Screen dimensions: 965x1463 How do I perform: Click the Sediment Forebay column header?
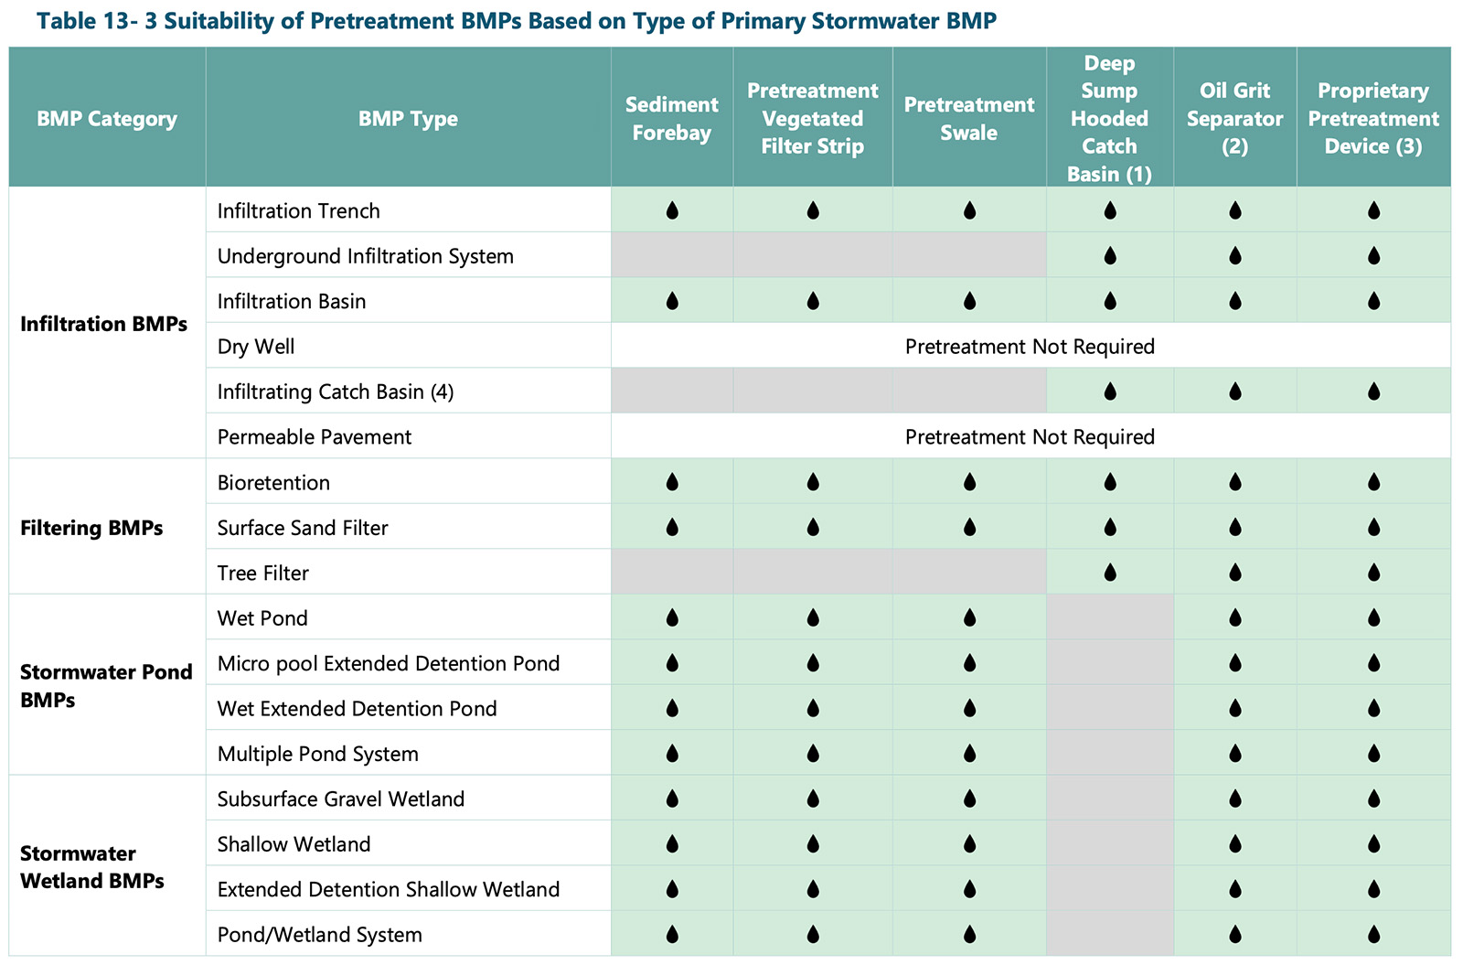click(671, 119)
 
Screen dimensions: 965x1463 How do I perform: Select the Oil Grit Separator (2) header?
click(1234, 118)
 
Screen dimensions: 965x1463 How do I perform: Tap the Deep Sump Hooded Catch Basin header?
click(1109, 118)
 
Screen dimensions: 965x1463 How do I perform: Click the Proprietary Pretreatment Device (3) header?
click(1372, 118)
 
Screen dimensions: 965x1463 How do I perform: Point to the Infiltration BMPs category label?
click(103, 324)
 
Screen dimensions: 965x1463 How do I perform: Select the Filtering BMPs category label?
click(91, 528)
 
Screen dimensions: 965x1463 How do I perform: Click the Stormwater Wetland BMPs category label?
click(91, 867)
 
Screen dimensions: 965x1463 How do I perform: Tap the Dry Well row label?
click(256, 347)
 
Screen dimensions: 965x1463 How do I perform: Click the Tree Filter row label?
click(263, 574)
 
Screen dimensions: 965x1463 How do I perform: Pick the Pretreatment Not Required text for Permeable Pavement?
click(1030, 437)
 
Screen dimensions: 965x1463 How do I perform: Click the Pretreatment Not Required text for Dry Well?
click(1030, 347)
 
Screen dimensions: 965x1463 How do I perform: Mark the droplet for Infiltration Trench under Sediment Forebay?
click(672, 211)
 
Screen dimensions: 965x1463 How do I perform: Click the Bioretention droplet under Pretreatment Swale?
click(969, 482)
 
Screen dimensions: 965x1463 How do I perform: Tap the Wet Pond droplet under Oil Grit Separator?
click(1234, 618)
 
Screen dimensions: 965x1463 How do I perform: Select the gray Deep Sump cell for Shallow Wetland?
click(1109, 844)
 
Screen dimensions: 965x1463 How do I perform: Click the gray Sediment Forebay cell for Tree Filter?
click(672, 573)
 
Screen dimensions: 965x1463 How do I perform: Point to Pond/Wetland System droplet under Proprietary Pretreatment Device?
click(1373, 935)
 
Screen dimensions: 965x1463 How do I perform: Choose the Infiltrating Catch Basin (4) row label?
click(336, 392)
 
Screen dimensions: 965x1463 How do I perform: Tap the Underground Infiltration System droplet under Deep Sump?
click(1109, 256)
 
